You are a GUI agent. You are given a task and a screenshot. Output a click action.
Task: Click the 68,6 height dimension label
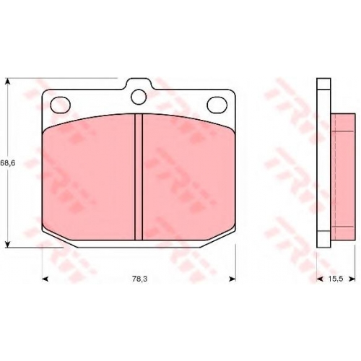click(x=8, y=163)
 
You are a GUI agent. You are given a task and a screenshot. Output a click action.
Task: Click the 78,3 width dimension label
click(x=139, y=279)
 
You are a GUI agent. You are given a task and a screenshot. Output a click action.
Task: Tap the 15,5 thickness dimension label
click(x=336, y=279)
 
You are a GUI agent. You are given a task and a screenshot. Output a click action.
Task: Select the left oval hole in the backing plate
click(x=61, y=105)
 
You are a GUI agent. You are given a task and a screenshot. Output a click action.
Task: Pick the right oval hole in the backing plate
click(x=217, y=105)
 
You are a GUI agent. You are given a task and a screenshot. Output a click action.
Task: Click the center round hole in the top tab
click(x=139, y=97)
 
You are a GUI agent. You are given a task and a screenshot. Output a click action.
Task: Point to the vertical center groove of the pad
click(x=139, y=177)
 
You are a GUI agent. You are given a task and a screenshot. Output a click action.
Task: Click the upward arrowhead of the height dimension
click(x=8, y=81)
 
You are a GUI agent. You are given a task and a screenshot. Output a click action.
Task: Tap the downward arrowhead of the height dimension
click(x=8, y=244)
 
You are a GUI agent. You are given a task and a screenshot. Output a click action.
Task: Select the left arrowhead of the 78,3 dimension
click(x=45, y=279)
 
